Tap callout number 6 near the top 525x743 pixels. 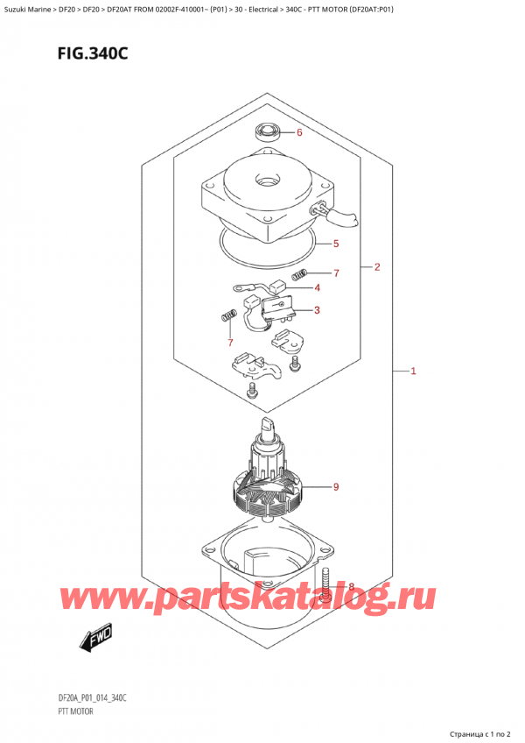pos(298,133)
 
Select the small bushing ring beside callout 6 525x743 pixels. pos(267,133)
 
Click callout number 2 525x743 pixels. pos(377,267)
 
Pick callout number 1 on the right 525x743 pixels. pos(413,371)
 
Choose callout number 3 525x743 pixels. pos(317,309)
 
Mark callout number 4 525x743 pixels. pos(317,287)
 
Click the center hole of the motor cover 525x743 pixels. pos(263,182)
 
